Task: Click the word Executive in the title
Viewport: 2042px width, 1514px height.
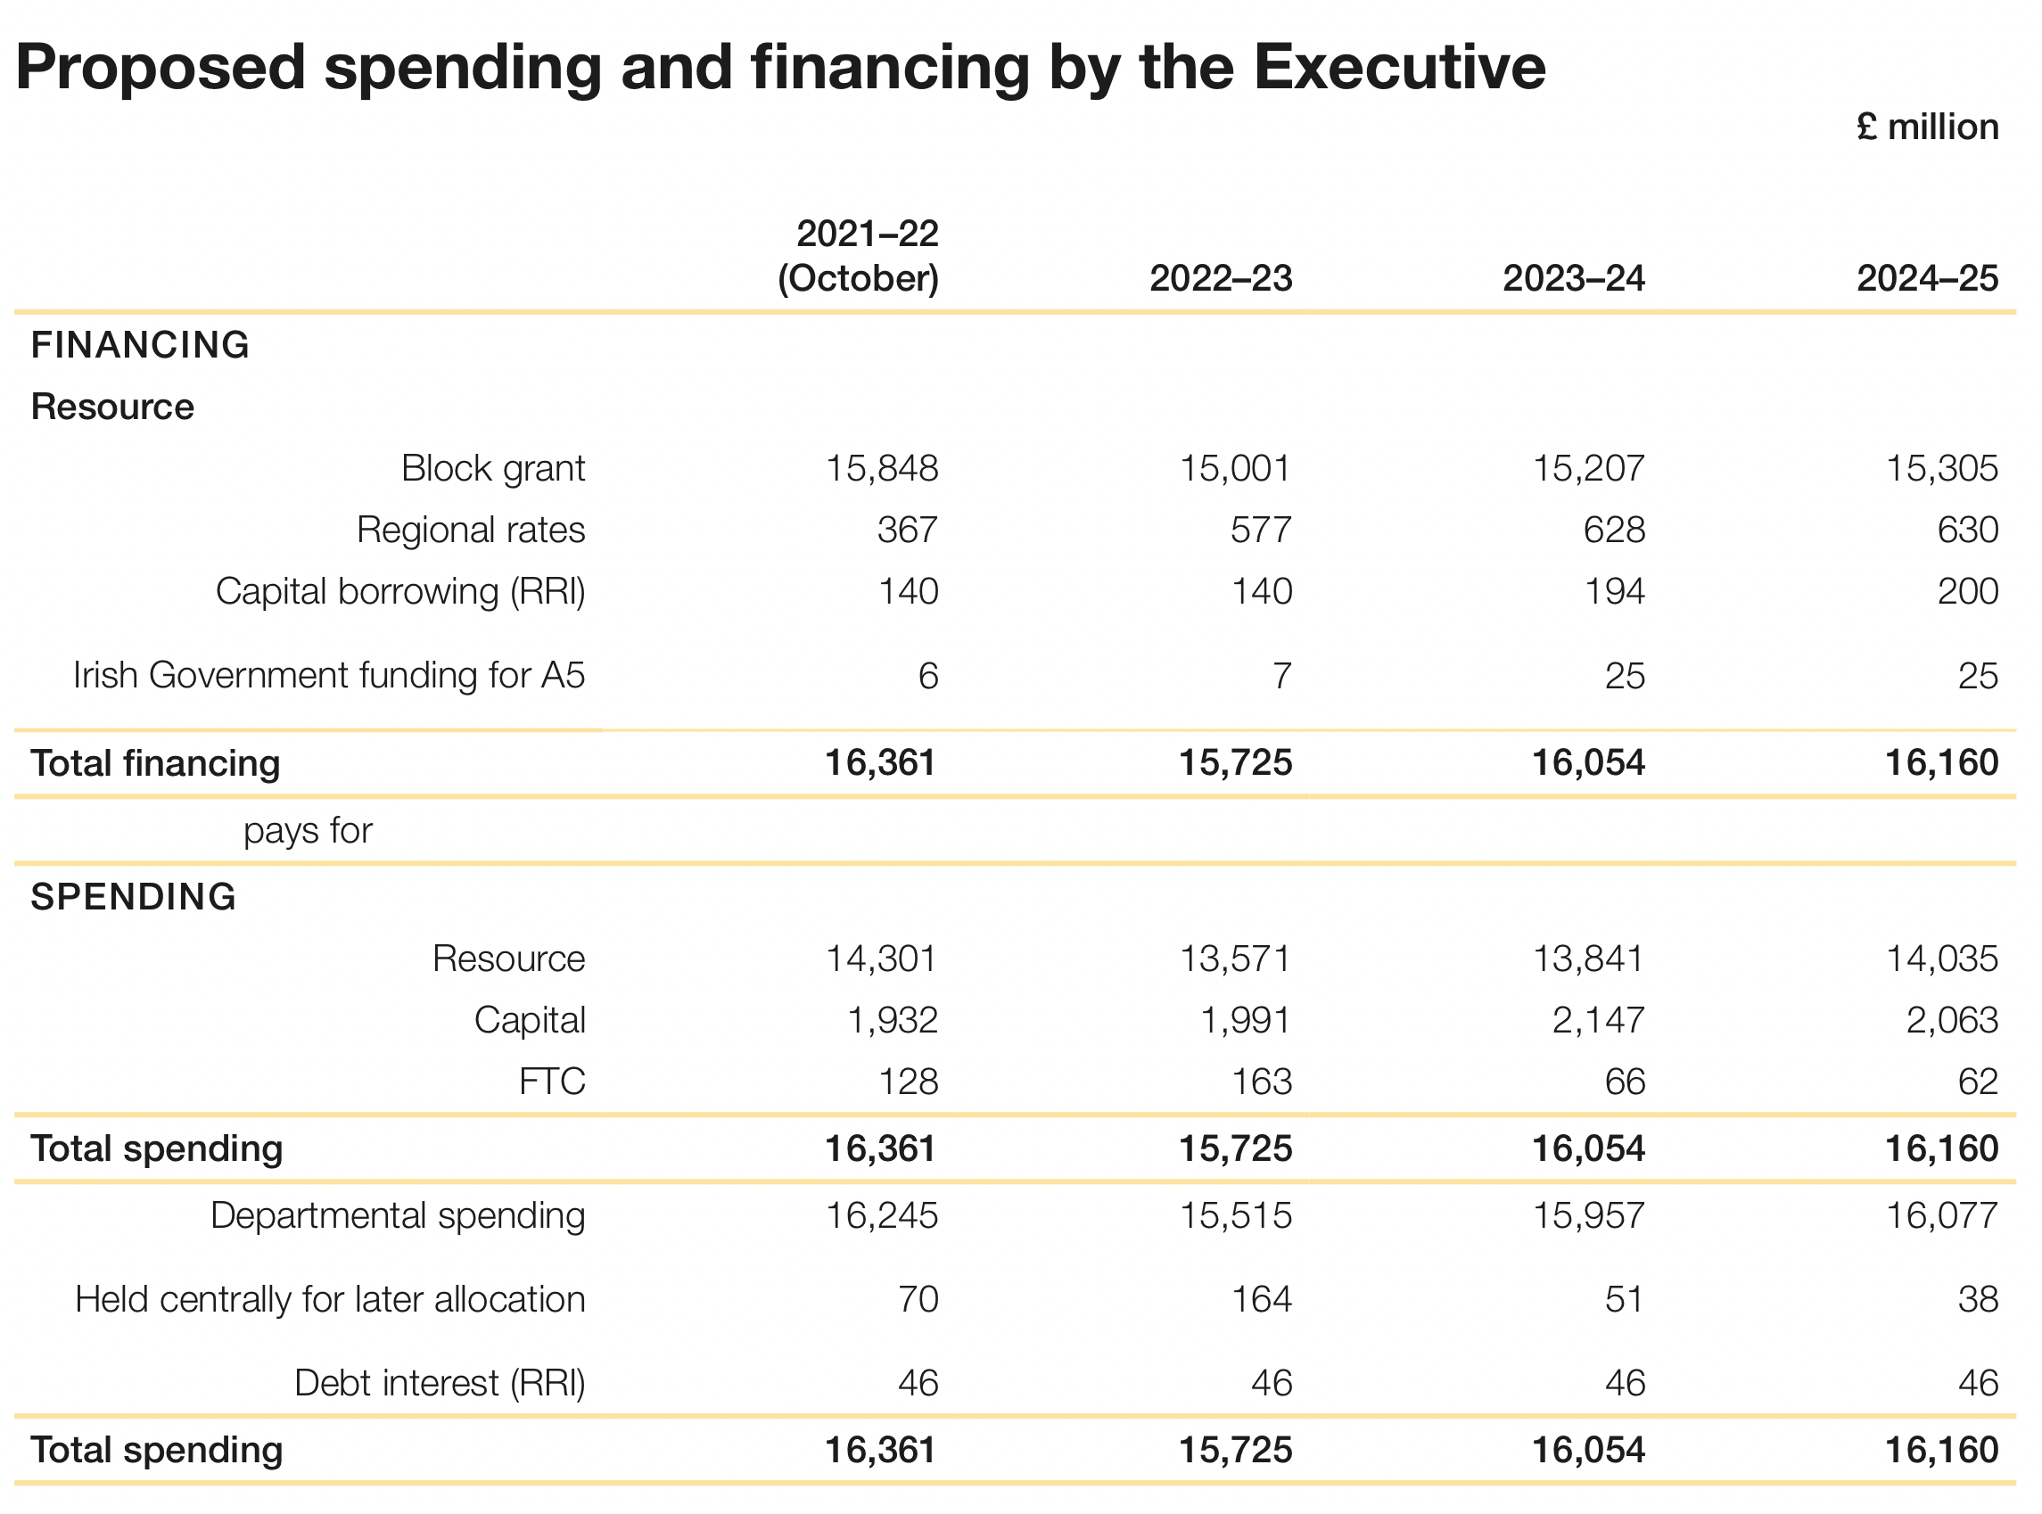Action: [1399, 67]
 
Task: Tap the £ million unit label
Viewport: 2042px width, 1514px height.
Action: [1928, 128]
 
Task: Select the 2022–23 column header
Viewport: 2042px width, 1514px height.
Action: [1221, 278]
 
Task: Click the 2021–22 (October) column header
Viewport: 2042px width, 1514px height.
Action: [859, 257]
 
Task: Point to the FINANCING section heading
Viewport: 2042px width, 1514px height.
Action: [140, 345]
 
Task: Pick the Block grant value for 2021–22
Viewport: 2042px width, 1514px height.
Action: [882, 468]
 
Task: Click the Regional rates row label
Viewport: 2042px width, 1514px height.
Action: [470, 530]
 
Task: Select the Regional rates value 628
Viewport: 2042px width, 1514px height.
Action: [1614, 530]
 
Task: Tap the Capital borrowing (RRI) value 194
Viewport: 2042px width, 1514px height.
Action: [1614, 591]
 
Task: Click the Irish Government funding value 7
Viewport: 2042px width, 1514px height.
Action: [1281, 677]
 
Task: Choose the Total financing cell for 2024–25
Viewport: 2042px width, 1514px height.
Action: [1941, 763]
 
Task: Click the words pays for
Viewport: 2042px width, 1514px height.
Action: [308, 831]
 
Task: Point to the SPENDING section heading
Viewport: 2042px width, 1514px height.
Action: [134, 897]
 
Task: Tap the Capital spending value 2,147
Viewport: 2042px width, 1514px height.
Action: [1599, 1020]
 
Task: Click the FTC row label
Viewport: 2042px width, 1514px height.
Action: [552, 1082]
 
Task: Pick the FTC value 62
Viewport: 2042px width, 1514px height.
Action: [1978, 1082]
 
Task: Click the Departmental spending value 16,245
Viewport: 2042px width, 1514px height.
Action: [882, 1216]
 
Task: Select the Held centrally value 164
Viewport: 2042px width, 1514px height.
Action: [1261, 1299]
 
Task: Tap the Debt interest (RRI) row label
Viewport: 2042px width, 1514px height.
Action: [440, 1383]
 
